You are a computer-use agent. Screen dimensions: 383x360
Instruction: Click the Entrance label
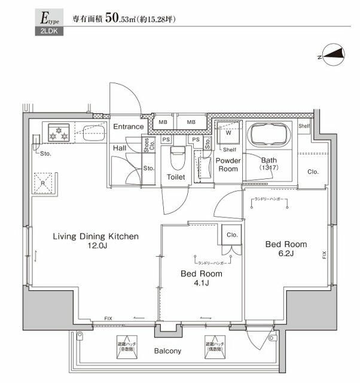tap(129, 127)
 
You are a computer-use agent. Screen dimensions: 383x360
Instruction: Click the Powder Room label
tap(228, 165)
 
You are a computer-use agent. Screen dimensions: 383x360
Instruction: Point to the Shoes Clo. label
tap(147, 144)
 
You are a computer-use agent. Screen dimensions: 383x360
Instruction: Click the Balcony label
tap(169, 351)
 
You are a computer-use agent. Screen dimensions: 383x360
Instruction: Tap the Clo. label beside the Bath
tap(313, 172)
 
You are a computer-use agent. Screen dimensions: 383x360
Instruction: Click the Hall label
tap(119, 148)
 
